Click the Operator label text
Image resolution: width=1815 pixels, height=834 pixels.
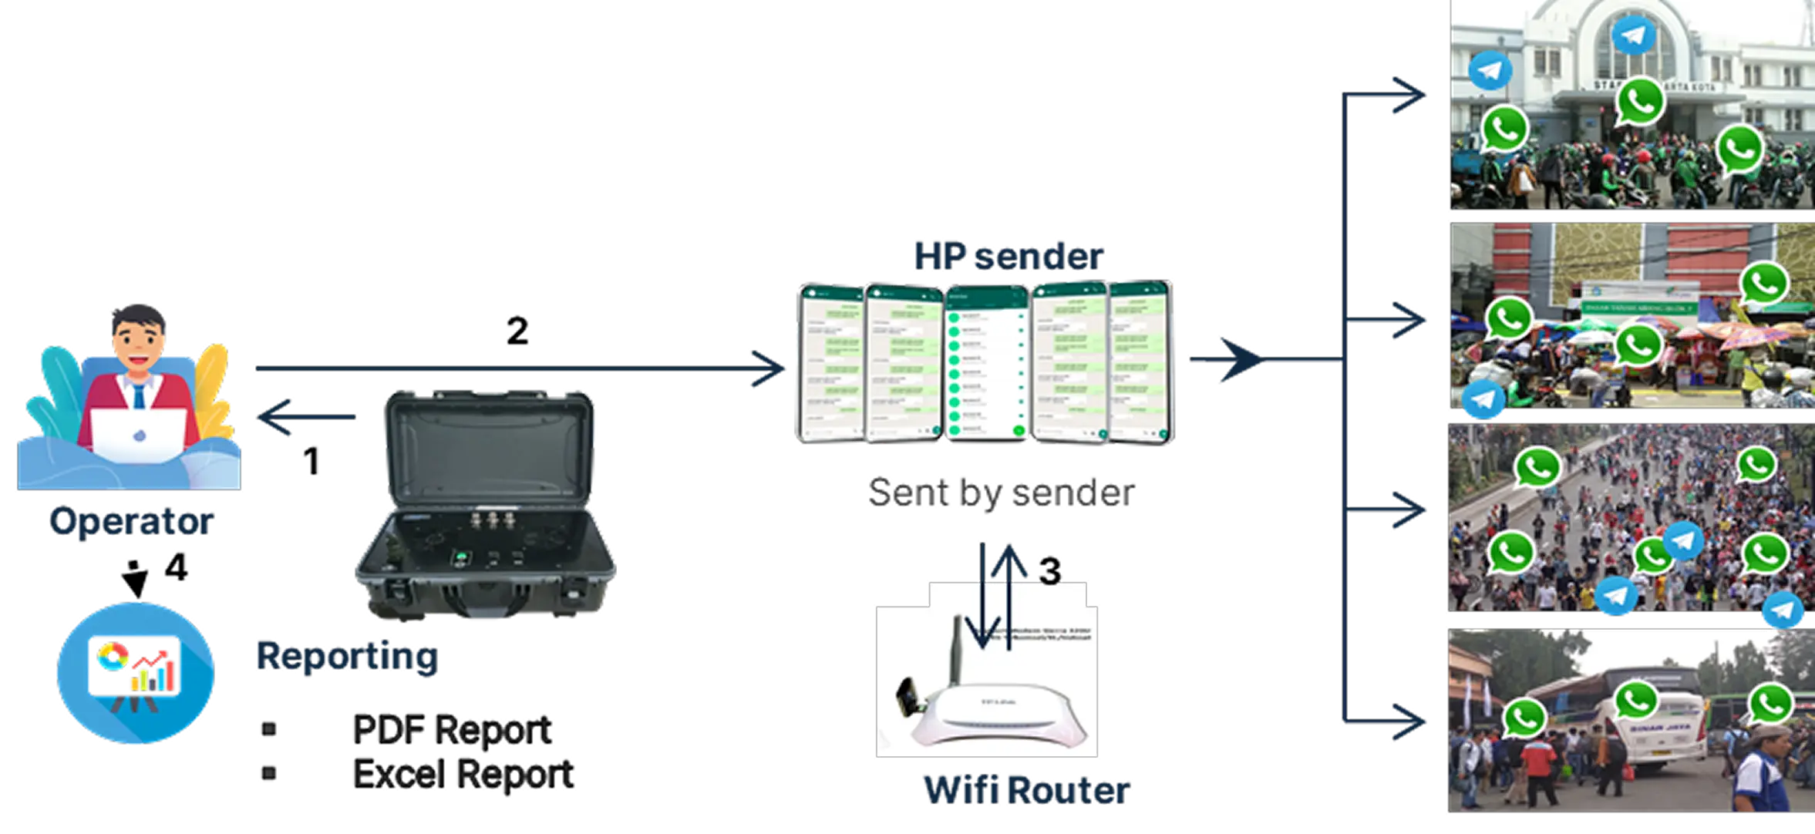[x=130, y=522]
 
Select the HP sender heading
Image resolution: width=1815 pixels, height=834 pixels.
[x=1007, y=256]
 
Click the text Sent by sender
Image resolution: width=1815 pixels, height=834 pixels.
[x=1002, y=493]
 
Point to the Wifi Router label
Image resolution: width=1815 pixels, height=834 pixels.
[x=1026, y=789]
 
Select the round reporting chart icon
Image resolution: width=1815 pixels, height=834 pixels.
[x=135, y=672]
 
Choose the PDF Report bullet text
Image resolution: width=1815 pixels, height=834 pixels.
[x=452, y=729]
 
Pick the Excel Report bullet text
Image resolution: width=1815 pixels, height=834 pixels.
[x=463, y=773]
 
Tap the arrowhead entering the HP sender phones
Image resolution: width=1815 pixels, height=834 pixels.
[x=771, y=369]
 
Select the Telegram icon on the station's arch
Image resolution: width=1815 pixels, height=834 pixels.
[x=1632, y=35]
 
